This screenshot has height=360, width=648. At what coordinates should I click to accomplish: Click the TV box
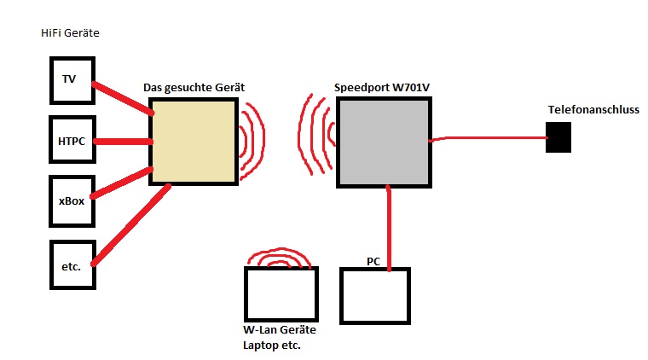click(70, 80)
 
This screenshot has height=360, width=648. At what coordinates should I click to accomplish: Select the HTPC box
click(70, 140)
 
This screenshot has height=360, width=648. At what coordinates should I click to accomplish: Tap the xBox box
click(70, 200)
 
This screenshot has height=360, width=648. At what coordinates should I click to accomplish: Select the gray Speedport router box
click(383, 142)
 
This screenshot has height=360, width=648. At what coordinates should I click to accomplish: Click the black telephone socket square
click(558, 136)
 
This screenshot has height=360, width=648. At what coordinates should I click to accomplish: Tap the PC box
click(375, 294)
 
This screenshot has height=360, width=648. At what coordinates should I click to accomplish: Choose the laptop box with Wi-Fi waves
click(281, 294)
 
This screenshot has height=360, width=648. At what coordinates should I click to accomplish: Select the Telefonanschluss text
click(593, 110)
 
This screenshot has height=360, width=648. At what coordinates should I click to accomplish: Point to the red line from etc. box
click(128, 226)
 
